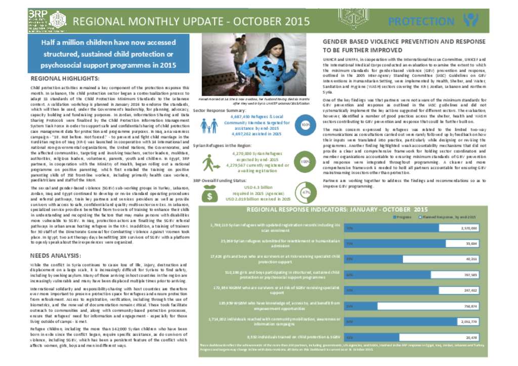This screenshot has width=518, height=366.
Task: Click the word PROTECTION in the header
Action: pos(417,21)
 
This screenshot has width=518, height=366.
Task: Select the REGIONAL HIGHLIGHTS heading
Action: pos(65,79)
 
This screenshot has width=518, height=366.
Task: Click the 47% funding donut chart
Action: pos(305,194)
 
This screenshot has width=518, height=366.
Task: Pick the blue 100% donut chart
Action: pos(305,124)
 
